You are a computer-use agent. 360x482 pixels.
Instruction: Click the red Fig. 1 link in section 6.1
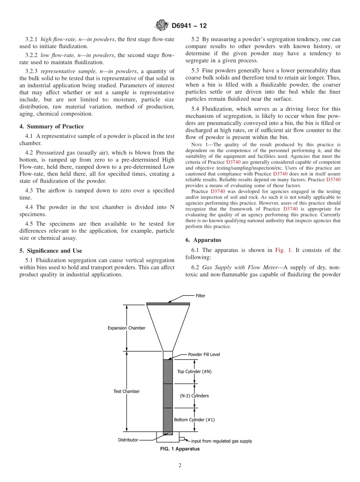pos(283,250)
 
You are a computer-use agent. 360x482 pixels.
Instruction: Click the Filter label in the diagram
pos(200,296)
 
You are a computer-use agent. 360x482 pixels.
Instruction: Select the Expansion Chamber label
pos(126,328)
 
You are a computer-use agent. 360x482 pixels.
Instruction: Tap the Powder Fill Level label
pos(204,355)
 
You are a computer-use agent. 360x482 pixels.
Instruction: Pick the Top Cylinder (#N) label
pos(194,371)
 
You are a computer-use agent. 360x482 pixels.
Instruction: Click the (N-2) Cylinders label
pos(194,396)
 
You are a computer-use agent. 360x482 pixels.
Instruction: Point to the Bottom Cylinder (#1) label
pos(194,420)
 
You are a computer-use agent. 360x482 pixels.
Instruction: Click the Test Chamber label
pos(127,391)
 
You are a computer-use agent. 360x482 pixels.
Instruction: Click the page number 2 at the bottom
pos(180,465)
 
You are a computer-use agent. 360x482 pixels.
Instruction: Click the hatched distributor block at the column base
pos(167,433)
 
